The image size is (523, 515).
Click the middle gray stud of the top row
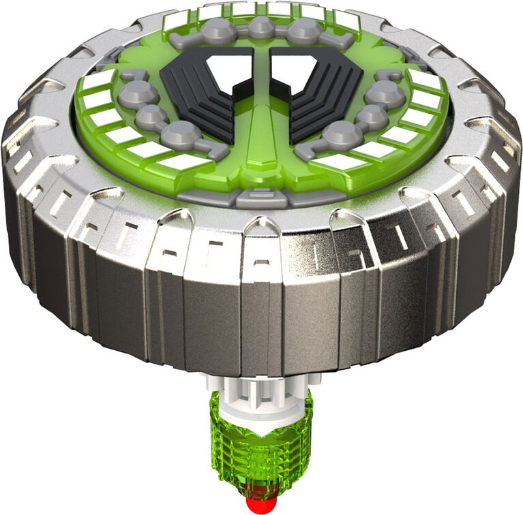pyautogui.click(x=261, y=28)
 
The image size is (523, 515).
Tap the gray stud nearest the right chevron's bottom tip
pyautogui.click(x=342, y=134)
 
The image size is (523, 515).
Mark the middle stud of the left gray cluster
pyautogui.click(x=151, y=116)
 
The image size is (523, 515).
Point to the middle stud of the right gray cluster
pyautogui.click(x=372, y=116)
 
